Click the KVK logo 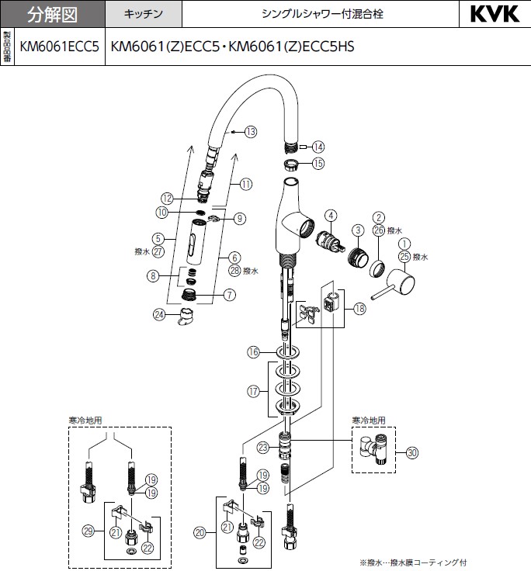tap(495, 14)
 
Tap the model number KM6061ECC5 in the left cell tap(59, 47)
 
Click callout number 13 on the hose tap(250, 132)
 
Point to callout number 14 tap(318, 147)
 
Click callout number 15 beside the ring tap(318, 164)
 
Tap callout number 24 tap(159, 314)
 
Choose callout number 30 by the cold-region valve tap(412, 452)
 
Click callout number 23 tap(263, 447)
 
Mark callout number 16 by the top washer tap(252, 352)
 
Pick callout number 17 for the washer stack tap(252, 392)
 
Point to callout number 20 tap(201, 532)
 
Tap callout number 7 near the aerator tap(230, 295)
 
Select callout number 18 tap(359, 309)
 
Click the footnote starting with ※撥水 tap(413, 562)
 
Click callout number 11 tap(246, 185)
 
